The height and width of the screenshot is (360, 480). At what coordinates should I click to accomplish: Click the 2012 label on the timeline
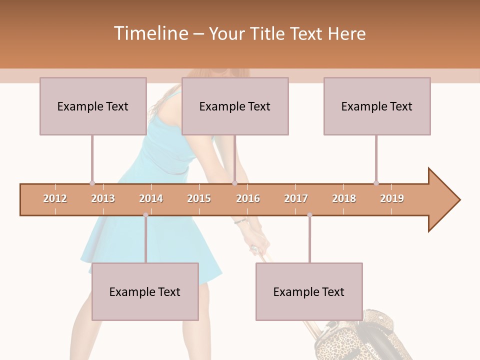55,198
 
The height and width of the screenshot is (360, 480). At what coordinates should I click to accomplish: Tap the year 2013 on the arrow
103,198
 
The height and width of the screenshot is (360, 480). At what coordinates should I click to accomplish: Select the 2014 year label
151,198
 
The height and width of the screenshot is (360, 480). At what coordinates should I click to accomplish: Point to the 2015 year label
199,198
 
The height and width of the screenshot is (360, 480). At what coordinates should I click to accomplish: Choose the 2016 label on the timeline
248,198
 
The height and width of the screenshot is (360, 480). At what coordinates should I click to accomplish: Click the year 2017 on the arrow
296,198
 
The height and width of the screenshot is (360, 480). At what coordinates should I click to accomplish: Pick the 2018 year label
344,198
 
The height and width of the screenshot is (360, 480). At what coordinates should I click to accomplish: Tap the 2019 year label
392,198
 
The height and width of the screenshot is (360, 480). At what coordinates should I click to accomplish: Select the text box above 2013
93,106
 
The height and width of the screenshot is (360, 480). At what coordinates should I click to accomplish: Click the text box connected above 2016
235,106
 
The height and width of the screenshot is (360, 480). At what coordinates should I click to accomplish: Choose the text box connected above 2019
377,106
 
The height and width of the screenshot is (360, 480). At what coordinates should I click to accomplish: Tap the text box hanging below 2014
145,291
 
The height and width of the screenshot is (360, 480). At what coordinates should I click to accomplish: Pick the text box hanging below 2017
309,291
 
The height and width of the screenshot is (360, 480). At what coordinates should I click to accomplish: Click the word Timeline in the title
150,33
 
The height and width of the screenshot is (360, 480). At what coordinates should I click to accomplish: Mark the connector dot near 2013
92,183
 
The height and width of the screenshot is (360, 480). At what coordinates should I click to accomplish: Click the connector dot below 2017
309,215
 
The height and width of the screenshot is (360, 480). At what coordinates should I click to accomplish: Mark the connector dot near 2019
376,183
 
